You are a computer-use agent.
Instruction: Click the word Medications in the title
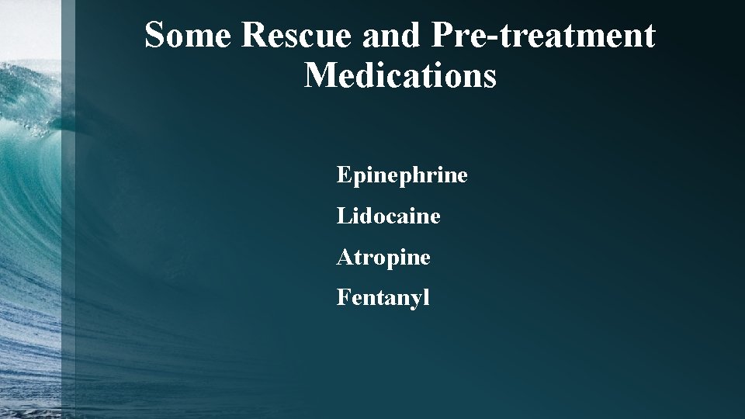400,76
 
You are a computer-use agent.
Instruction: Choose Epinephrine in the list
402,175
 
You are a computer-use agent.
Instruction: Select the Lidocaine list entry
388,216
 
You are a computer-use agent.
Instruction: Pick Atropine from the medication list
383,257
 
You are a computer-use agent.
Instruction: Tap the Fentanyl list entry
383,297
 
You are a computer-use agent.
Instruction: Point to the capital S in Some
155,36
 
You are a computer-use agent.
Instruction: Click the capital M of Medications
321,76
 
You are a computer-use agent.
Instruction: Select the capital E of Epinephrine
343,175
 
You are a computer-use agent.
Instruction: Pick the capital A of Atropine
344,257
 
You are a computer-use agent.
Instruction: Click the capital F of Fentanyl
342,297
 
